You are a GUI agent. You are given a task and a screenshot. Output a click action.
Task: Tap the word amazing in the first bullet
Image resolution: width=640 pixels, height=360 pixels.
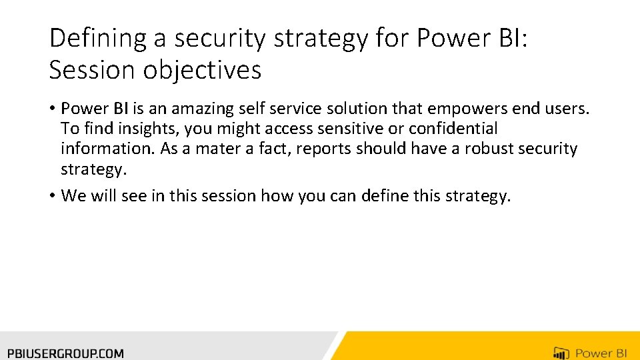(201, 108)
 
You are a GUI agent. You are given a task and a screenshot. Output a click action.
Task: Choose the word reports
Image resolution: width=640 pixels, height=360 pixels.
(324, 149)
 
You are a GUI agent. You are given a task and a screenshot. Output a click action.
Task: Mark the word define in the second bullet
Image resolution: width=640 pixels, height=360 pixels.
(387, 196)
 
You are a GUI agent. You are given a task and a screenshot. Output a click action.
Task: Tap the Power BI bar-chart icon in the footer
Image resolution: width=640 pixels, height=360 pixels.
(561, 353)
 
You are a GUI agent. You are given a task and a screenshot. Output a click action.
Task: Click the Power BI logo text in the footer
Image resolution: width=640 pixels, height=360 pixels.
(601, 353)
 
